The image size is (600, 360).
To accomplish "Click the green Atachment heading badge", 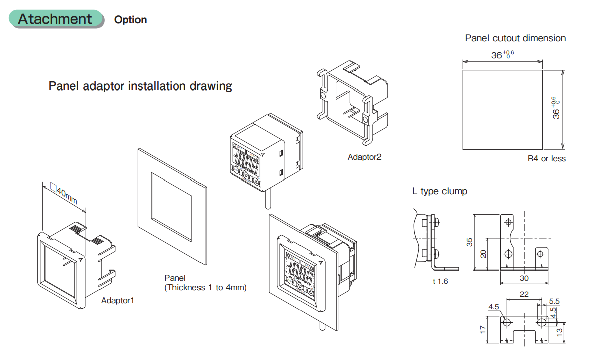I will [55, 19].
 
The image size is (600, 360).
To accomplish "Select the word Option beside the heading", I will [130, 20].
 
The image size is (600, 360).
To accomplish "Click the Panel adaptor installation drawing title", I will [140, 86].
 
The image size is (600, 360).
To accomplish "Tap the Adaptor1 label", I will [118, 300].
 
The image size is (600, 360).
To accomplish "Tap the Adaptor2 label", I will [364, 157].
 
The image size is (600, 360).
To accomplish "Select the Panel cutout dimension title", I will [515, 38].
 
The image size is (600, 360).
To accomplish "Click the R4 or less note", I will [546, 159].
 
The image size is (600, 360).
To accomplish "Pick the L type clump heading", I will [439, 191].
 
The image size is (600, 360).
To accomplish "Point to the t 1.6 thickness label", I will [440, 281].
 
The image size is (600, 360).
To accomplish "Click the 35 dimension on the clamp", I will [469, 242].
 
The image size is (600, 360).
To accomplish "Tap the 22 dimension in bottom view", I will [524, 295].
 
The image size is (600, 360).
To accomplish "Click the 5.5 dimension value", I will [554, 301].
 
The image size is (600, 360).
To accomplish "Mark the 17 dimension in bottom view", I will [482, 329].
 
